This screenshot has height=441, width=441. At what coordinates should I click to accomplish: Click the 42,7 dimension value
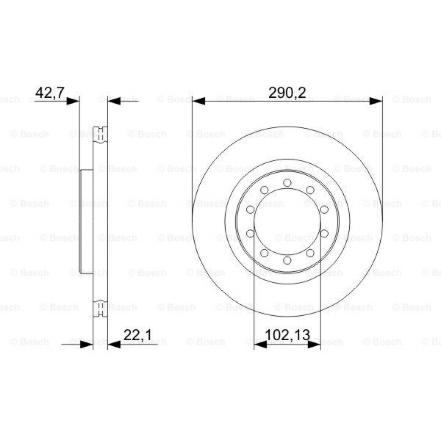coord(50,92)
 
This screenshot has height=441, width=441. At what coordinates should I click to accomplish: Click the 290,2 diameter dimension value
coord(287,92)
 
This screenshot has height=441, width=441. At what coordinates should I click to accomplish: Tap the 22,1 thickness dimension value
coord(137,335)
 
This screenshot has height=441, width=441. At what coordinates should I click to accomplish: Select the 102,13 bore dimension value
coord(287,335)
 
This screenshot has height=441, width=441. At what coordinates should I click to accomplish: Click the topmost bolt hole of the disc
coord(287,183)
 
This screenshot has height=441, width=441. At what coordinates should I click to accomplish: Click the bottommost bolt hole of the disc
coord(287,260)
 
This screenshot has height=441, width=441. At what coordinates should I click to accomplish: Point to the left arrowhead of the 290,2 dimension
coord(199,101)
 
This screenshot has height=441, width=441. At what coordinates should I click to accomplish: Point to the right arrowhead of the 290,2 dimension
coord(376,101)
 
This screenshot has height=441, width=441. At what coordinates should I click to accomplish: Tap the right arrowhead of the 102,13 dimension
coord(314,344)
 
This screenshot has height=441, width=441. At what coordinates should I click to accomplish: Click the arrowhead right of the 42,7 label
coord(73,101)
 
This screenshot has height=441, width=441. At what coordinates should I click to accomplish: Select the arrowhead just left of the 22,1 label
coord(114,344)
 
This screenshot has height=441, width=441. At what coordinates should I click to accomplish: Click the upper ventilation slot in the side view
coord(100,134)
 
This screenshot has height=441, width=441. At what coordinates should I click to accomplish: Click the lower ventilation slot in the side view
coord(100,308)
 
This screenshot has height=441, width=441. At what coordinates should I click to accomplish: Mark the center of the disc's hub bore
coord(287,221)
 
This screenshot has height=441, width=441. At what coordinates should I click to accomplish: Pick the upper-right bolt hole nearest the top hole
coord(310,190)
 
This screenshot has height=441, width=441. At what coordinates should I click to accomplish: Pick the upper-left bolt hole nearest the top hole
coord(264,190)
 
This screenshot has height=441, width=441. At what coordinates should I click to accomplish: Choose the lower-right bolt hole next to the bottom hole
coord(310,253)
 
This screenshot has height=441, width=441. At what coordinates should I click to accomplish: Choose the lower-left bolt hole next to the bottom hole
coord(264,253)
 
